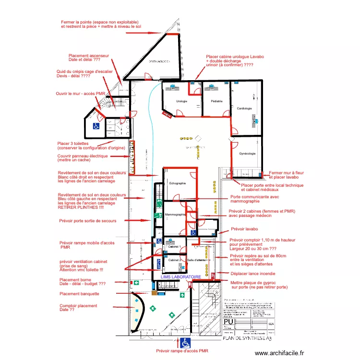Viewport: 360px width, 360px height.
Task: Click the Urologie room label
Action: (181, 101)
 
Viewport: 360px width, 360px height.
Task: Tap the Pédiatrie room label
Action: (216, 101)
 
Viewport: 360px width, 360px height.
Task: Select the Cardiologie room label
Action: (244, 108)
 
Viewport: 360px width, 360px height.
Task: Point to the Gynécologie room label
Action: (247, 154)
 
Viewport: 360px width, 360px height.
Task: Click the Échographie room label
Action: (175, 183)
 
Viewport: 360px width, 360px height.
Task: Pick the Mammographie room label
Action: (175, 215)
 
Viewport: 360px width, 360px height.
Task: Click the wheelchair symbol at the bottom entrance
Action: (185, 343)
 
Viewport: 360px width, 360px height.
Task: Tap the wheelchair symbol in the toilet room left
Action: (96, 126)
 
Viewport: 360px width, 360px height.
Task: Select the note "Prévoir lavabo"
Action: (244, 229)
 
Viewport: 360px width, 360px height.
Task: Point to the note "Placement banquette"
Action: (79, 294)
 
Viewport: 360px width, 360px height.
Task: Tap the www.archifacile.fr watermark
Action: (280, 353)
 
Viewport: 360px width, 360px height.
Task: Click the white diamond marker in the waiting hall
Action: (232, 139)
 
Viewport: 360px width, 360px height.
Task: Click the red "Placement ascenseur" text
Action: (89, 56)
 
